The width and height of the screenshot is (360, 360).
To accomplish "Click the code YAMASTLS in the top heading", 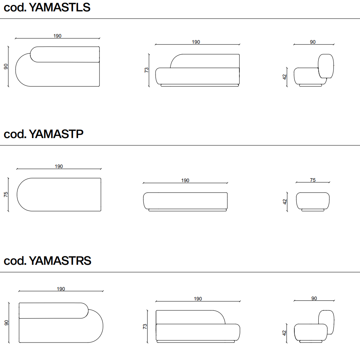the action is (x=60, y=7).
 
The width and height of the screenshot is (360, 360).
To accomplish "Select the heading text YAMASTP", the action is (x=56, y=134).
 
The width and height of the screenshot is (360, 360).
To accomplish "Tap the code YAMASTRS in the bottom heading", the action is (x=60, y=261).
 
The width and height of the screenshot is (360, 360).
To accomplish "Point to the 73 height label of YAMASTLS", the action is (x=146, y=70).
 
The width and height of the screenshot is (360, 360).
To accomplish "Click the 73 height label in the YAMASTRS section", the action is (x=145, y=327).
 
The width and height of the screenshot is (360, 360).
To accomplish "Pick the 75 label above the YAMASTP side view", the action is (x=313, y=180).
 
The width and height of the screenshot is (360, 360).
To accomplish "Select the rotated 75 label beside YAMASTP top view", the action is (x=6, y=195).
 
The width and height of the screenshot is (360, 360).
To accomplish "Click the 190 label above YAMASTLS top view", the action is (x=57, y=36).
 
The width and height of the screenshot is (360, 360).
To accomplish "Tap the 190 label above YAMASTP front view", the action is (x=185, y=181).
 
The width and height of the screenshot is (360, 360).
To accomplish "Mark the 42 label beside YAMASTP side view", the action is (x=285, y=202).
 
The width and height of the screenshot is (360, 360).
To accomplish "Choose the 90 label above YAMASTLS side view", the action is (x=313, y=42).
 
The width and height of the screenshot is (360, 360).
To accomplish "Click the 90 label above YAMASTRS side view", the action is (x=314, y=298).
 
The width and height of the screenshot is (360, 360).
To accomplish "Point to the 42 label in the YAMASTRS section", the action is (x=284, y=333).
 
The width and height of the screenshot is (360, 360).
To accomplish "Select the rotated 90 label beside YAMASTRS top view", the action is (x=6, y=323).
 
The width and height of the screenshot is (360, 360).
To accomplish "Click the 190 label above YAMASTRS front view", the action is (x=198, y=299).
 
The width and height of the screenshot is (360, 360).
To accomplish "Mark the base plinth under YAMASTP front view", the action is (x=188, y=210).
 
